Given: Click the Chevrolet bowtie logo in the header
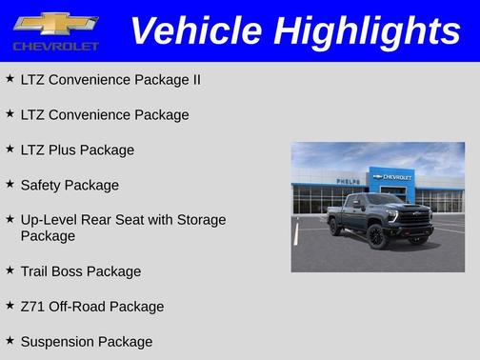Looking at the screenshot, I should tap(55, 23).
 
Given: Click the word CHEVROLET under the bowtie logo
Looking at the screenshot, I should tap(55, 46).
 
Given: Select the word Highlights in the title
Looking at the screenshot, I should tap(367, 30).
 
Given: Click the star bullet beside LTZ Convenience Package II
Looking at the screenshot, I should tap(10, 79).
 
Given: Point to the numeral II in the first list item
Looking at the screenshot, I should tap(195, 80).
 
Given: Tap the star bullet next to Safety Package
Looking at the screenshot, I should tap(10, 185).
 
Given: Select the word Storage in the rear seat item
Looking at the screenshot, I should tap(200, 220).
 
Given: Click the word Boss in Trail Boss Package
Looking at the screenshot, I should tap(74, 271).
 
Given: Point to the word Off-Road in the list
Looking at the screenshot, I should tap(79, 307).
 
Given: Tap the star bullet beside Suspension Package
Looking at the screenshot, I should tap(10, 341).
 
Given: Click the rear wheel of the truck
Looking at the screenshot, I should tap(335, 227).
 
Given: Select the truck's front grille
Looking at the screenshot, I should tap(415, 216).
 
